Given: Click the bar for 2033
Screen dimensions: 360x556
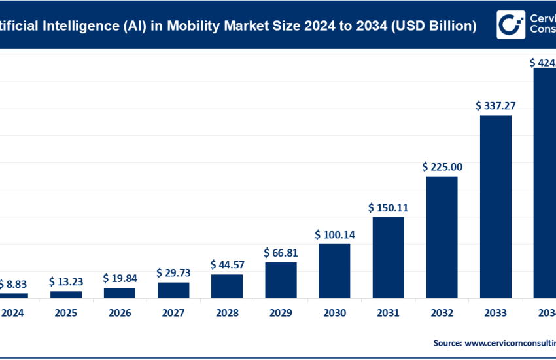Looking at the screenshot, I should click(x=495, y=207).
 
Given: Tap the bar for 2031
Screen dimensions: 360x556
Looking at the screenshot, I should click(x=388, y=257).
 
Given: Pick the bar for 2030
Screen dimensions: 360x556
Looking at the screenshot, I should click(x=334, y=271).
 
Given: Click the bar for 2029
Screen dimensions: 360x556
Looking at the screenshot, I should click(x=281, y=280).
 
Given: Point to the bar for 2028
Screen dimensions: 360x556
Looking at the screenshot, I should click(x=227, y=286).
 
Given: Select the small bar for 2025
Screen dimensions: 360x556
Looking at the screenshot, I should click(x=66, y=295).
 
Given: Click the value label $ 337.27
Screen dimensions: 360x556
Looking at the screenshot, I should click(x=495, y=105).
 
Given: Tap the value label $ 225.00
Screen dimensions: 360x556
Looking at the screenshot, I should click(x=442, y=167).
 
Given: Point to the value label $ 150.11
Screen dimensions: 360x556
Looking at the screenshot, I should click(x=388, y=207).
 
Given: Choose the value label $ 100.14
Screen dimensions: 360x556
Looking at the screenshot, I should click(x=334, y=234).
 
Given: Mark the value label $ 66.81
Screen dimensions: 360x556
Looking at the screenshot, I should click(x=281, y=253).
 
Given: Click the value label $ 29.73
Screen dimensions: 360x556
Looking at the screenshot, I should click(x=173, y=272).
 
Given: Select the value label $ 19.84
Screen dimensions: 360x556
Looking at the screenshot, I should click(x=120, y=278).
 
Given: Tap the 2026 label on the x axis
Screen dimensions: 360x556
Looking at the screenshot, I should click(x=120, y=313).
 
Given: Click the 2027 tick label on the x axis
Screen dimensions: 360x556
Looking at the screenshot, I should click(x=173, y=313).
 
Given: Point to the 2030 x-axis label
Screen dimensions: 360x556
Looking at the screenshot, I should click(x=334, y=313).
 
